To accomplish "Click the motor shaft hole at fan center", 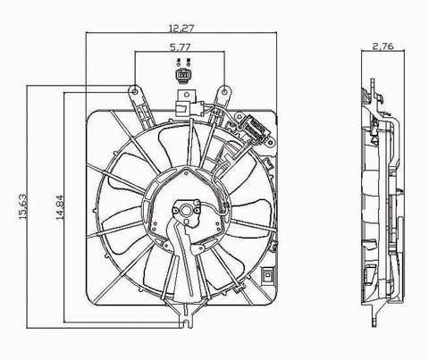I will click(188, 213).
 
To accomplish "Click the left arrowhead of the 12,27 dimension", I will click(88, 35).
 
